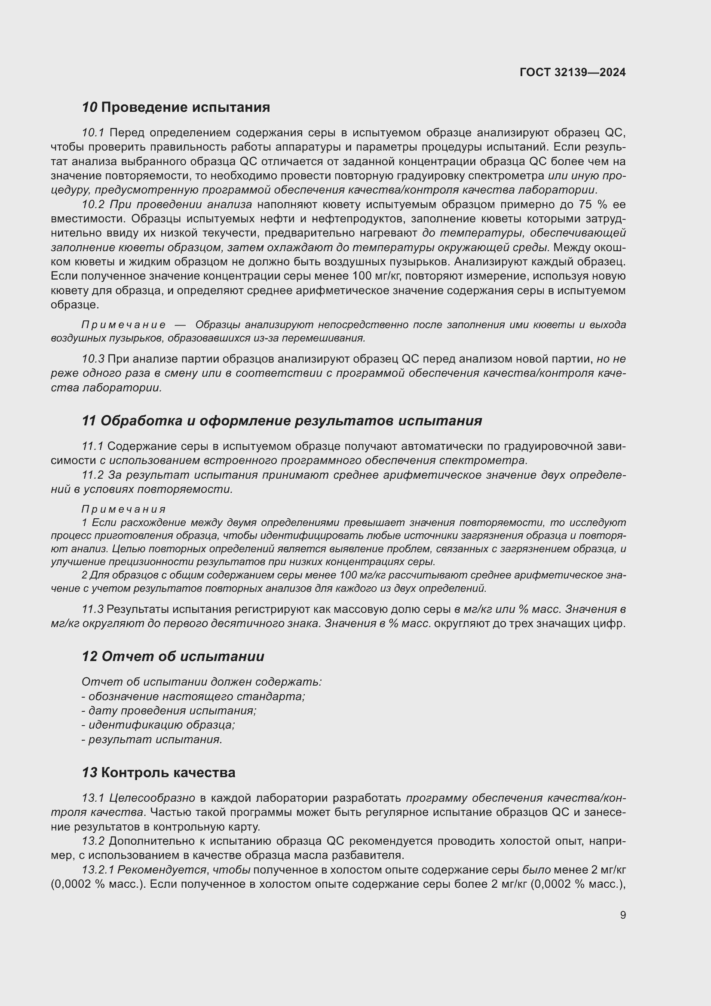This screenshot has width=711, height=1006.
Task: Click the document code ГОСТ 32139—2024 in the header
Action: click(572, 73)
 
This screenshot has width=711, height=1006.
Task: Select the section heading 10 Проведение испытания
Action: click(175, 108)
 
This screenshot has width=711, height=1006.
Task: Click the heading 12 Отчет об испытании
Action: click(173, 656)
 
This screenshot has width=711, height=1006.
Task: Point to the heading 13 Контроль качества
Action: click(159, 772)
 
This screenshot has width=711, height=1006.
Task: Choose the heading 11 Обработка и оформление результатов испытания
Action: click(282, 421)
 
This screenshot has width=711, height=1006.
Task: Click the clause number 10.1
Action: click(93, 133)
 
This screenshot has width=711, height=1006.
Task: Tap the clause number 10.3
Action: click(93, 359)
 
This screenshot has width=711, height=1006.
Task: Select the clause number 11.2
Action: click(93, 475)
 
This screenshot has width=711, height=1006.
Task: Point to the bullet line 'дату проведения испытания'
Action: click(169, 710)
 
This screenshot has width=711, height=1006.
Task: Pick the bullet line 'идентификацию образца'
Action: click(158, 725)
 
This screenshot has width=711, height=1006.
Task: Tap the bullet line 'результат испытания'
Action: click(152, 739)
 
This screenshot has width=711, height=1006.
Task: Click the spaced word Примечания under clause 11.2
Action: click(123, 509)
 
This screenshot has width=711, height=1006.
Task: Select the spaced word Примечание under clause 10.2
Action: click(123, 325)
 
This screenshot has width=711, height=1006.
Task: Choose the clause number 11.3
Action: click(93, 609)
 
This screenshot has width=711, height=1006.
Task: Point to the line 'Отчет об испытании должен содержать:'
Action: click(201, 682)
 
